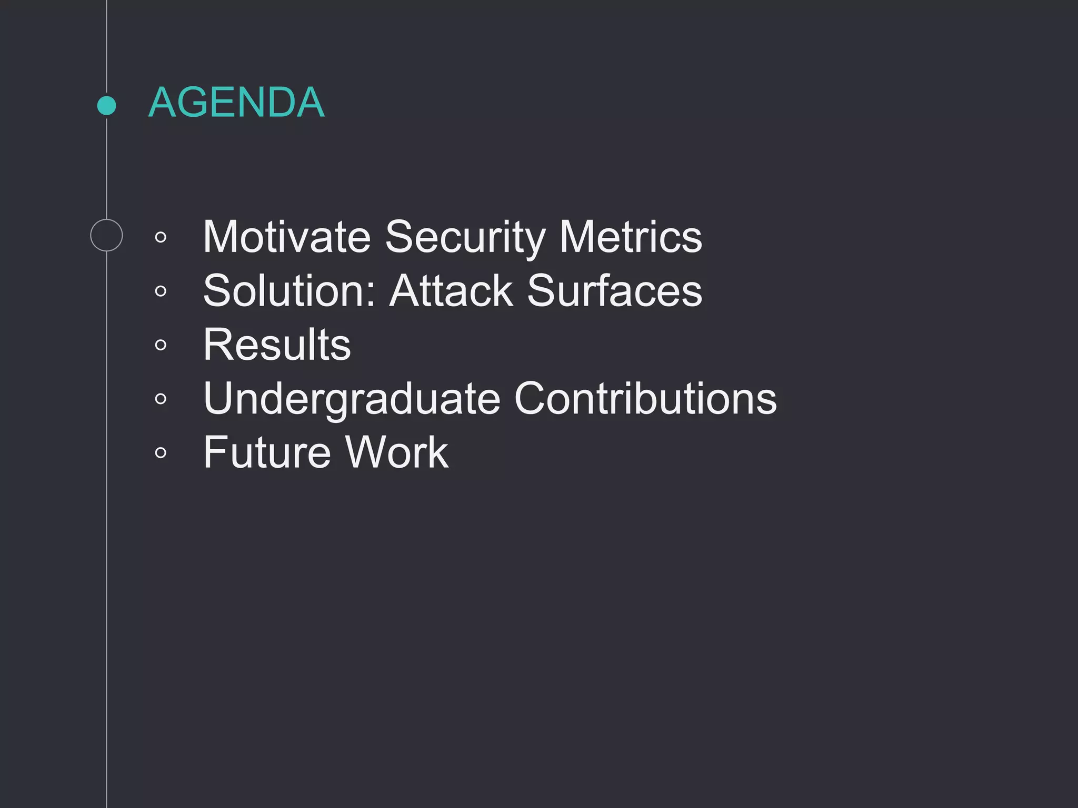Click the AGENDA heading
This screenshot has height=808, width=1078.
coord(236,102)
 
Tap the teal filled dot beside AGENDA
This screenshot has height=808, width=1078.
coord(107,105)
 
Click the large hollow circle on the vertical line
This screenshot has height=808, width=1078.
coord(106,235)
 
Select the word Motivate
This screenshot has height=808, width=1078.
coord(287,237)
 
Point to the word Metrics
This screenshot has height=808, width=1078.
coord(631,237)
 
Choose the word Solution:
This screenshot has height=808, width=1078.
coord(290,290)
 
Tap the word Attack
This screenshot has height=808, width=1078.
coord(451,290)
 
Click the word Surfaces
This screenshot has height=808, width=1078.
coord(614,290)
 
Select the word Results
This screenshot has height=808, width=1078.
coord(277,345)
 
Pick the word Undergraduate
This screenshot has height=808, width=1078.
coord(352,399)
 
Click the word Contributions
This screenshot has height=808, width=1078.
coord(645,398)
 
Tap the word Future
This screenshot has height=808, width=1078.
coord(267,452)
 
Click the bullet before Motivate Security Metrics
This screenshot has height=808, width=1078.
coord(161,237)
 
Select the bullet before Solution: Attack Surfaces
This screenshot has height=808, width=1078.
coord(161,291)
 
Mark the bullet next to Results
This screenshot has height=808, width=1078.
coord(161,345)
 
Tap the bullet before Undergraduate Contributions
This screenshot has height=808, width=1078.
coord(161,399)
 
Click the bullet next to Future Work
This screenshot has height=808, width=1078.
coord(161,452)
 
